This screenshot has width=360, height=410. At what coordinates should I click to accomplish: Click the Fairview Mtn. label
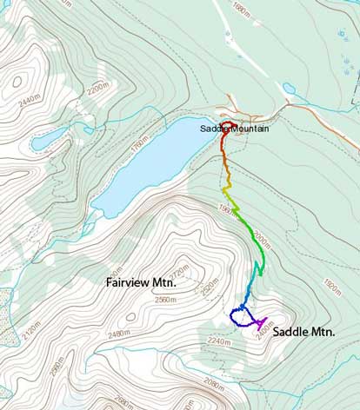click(141, 282)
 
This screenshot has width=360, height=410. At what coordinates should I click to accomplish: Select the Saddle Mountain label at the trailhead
click(234, 129)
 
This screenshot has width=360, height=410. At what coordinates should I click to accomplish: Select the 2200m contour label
click(97, 88)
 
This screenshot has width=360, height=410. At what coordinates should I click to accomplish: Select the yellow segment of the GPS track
click(228, 190)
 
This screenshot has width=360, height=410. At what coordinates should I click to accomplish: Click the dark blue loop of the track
click(239, 315)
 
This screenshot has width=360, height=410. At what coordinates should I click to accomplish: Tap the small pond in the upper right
click(290, 89)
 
